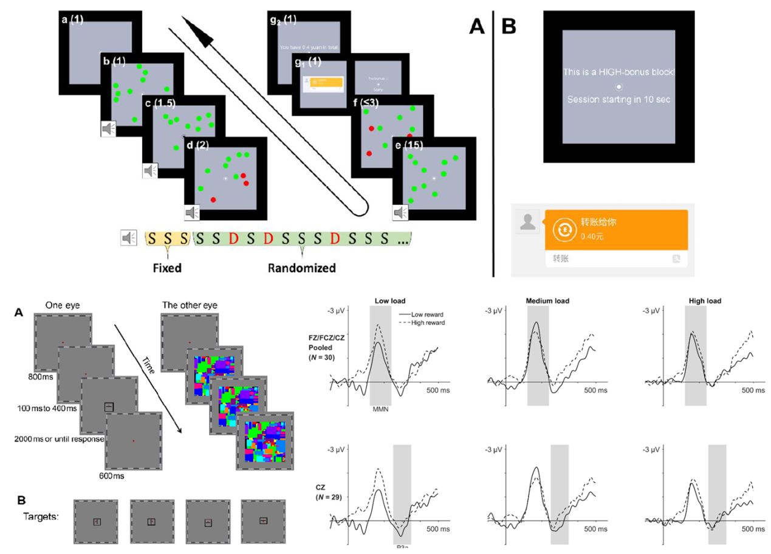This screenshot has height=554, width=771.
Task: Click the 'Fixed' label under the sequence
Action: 167,267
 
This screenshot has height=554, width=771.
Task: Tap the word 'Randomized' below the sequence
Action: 302,267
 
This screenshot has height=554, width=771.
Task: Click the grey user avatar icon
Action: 527,221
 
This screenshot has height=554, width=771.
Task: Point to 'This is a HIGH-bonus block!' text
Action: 619,72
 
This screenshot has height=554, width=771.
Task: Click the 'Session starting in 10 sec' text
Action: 619,99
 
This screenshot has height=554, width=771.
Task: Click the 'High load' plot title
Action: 705,301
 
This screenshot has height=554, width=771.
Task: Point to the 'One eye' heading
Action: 63,305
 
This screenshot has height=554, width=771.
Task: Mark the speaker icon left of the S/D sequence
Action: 128,238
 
